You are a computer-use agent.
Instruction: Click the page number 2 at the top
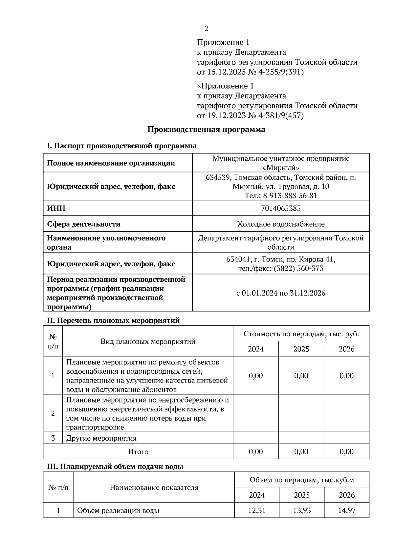point(206,29)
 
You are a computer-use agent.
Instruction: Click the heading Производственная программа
point(206,130)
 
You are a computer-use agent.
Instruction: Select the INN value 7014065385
point(281,208)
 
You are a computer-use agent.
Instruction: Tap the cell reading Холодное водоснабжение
point(281,224)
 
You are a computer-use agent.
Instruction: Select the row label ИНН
point(56,208)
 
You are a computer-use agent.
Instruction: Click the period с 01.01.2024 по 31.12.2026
point(281,293)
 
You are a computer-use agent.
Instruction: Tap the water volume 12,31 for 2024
point(257,510)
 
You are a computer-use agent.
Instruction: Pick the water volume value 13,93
point(302,510)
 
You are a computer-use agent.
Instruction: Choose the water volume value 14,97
point(347,510)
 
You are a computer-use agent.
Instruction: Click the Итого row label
point(138,452)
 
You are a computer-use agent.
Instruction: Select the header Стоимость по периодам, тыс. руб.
point(301,334)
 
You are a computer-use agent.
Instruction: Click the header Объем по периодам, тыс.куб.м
point(302,480)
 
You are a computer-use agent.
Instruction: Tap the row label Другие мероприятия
point(101,438)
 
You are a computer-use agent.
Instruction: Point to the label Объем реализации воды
point(118,511)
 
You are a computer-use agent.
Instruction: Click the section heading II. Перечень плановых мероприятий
point(113,320)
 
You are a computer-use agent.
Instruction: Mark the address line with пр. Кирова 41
point(281,259)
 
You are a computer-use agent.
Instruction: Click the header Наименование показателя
point(154,487)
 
